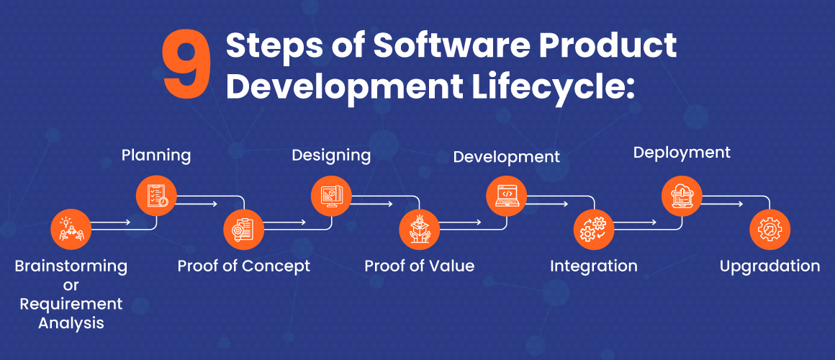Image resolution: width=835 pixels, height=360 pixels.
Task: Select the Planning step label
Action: coord(156,155)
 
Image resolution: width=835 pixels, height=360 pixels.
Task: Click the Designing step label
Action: coord(331,155)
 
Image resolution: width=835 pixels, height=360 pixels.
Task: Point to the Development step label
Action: coord(506,156)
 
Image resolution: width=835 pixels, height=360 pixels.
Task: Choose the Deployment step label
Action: coord(682,153)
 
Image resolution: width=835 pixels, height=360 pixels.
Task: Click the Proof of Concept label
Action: coord(244,266)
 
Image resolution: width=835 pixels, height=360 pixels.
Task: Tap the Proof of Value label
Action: coord(419,266)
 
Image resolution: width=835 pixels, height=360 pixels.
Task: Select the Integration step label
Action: coord(594,266)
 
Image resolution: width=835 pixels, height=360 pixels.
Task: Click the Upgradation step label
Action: coord(769,266)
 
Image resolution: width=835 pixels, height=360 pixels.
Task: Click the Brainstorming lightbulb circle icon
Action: coord(71,230)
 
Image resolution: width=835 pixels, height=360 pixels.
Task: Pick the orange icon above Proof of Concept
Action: coord(243,230)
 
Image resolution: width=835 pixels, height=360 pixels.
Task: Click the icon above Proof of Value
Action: coord(419,230)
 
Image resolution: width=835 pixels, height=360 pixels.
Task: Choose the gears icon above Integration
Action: coord(594,230)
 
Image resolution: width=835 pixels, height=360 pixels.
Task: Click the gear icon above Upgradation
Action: coord(769,230)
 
